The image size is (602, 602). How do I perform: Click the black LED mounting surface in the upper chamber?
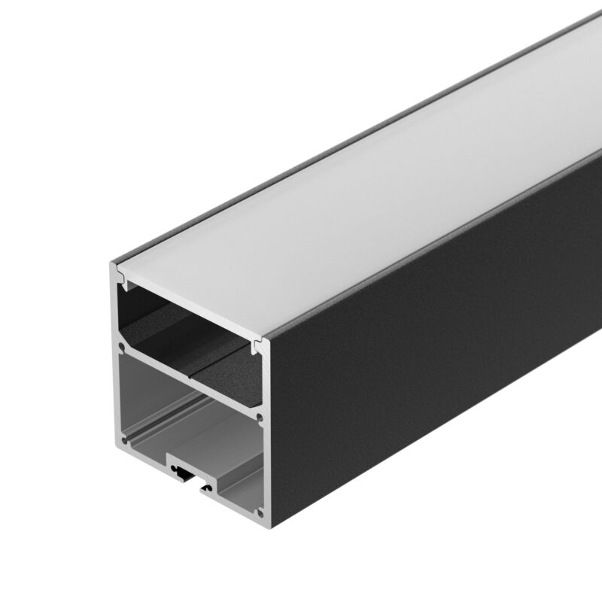click(x=196, y=339)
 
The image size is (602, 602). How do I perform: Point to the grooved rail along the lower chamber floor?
click(x=147, y=444)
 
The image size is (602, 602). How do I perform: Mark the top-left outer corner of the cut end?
click(x=111, y=263)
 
